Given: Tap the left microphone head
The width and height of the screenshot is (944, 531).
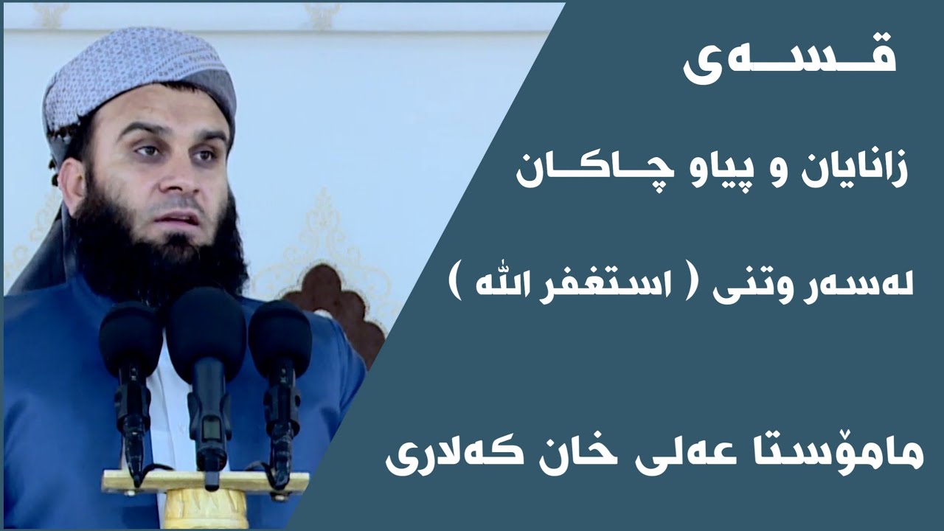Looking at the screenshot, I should pyautogui.click(x=131, y=335).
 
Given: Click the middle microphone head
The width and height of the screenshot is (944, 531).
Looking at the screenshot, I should pyautogui.click(x=206, y=324).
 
